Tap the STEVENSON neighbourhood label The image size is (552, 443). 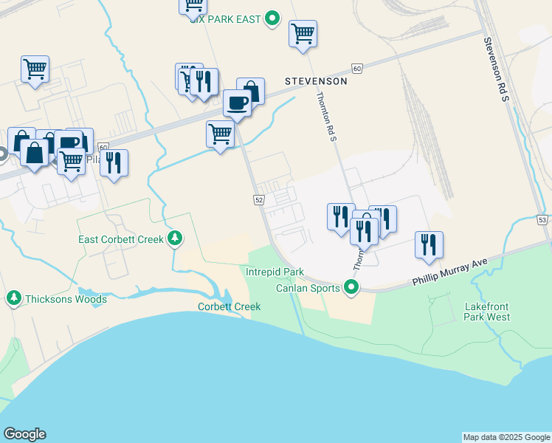pyautogui.click(x=316, y=81)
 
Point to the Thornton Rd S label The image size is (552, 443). pyautogui.click(x=326, y=117)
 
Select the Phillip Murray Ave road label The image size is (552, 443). pyautogui.click(x=450, y=272)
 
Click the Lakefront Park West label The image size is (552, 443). pyautogui.click(x=487, y=312)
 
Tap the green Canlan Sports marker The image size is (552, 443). pyautogui.click(x=352, y=288)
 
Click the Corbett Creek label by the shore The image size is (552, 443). pyautogui.click(x=229, y=306)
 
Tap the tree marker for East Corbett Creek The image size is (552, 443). pyautogui.click(x=175, y=239)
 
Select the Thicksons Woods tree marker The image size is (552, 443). pyautogui.click(x=13, y=299)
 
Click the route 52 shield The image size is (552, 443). pyautogui.click(x=259, y=200)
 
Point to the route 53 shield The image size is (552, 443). pyautogui.click(x=542, y=221)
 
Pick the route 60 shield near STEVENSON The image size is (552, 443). pyautogui.click(x=357, y=69)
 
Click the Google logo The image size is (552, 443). pyautogui.click(x=24, y=434)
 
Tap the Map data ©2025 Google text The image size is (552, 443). pyautogui.click(x=506, y=437)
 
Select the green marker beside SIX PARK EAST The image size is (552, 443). pyautogui.click(x=272, y=18)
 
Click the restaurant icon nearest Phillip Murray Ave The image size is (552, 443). pyautogui.click(x=428, y=244)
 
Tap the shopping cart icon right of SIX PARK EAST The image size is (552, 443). pyautogui.click(x=303, y=33)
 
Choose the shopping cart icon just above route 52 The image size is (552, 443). pyautogui.click(x=220, y=134)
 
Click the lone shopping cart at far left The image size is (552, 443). pyautogui.click(x=35, y=69)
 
